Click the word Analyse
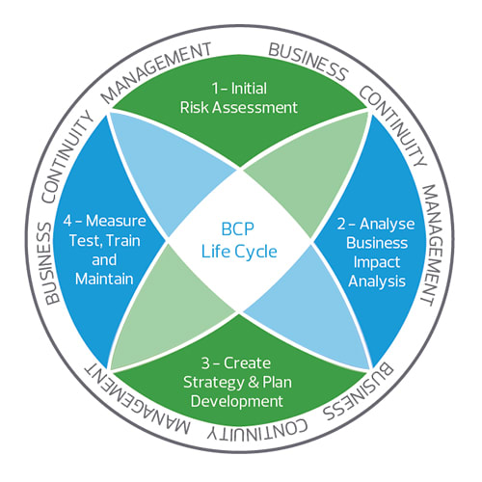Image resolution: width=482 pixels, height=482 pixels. coord(390,223)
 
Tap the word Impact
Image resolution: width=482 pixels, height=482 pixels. coord(378,263)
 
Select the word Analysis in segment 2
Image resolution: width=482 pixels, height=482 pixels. coord(378,283)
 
